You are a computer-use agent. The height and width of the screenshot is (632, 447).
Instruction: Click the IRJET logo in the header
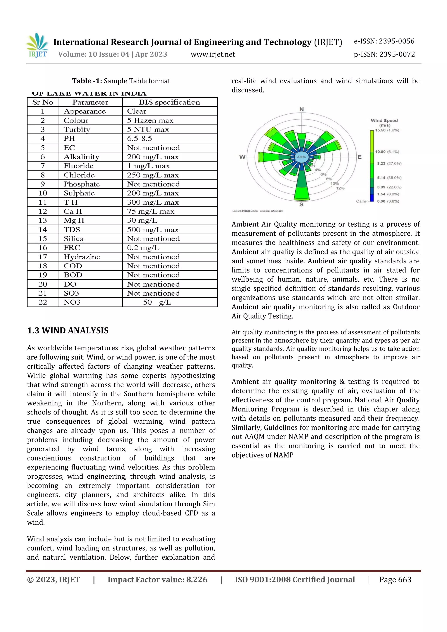38,45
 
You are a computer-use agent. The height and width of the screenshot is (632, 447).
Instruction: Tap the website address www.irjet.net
213,55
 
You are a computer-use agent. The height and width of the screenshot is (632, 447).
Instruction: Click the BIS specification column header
169,102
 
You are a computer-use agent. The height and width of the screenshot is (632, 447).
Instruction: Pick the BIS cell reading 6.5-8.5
139,139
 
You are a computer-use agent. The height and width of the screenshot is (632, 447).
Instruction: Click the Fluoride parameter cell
79,166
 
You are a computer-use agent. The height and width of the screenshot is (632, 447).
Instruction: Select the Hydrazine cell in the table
82,257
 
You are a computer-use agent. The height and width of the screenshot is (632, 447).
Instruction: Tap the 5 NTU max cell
148,129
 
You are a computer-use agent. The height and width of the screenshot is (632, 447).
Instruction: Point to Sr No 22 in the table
43,302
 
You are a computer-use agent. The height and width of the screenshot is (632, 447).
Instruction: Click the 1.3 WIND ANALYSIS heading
68,330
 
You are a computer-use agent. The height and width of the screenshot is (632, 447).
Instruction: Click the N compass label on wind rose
302,109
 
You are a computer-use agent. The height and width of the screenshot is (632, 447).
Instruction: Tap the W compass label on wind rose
242,157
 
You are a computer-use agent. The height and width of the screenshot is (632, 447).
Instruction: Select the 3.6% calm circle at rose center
301,157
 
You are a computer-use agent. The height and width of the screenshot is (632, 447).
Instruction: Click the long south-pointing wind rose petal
302,187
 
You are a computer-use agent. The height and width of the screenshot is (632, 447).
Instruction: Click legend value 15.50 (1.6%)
387,130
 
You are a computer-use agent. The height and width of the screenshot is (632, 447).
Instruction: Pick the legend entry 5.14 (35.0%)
389,178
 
